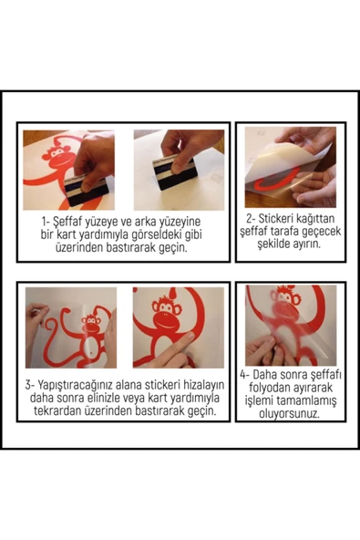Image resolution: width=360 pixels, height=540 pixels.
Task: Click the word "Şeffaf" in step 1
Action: [x=71, y=221]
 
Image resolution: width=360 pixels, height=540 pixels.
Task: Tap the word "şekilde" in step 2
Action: [x=264, y=244]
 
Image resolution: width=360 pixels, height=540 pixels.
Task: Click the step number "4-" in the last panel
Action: [x=245, y=373]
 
